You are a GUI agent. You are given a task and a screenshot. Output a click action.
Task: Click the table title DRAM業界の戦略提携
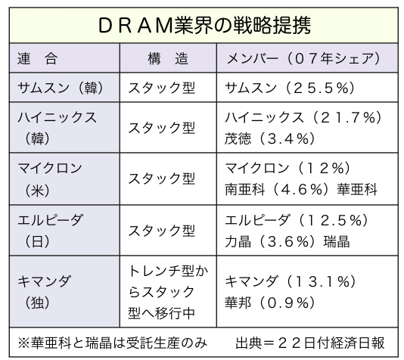pyautogui.click(x=204, y=25)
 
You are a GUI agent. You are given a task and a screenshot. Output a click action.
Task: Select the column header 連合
pyautogui.click(x=37, y=58)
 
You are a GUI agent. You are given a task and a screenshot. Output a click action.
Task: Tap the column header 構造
pyautogui.click(x=168, y=58)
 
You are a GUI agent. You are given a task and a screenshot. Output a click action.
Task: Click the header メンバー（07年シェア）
pyautogui.click(x=303, y=58)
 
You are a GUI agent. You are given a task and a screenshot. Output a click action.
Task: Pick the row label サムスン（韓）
pyautogui.click(x=61, y=88)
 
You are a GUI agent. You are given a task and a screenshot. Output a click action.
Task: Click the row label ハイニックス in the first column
pyautogui.click(x=57, y=118)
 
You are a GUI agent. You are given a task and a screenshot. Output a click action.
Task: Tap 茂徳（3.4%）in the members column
pyautogui.click(x=270, y=139)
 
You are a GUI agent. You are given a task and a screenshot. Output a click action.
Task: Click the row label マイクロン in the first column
pyautogui.click(x=50, y=169)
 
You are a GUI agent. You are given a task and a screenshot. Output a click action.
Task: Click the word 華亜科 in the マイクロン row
pyautogui.click(x=357, y=190)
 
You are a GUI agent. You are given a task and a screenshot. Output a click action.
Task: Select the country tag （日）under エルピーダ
pyautogui.click(x=37, y=242)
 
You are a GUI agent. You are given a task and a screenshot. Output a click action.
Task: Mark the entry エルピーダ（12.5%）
pyautogui.click(x=297, y=221)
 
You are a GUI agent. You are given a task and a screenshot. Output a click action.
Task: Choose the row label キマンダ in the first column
pyautogui.click(x=44, y=281)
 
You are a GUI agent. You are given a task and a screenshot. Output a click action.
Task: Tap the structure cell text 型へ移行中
pyautogui.click(x=161, y=313)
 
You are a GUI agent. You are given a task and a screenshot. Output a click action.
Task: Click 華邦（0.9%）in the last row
pyautogui.click(x=270, y=303)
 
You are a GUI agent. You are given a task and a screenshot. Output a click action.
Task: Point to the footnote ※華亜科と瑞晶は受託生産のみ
pyautogui.click(x=112, y=343)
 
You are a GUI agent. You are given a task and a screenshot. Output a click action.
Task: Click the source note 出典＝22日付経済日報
pyautogui.click(x=310, y=343)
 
